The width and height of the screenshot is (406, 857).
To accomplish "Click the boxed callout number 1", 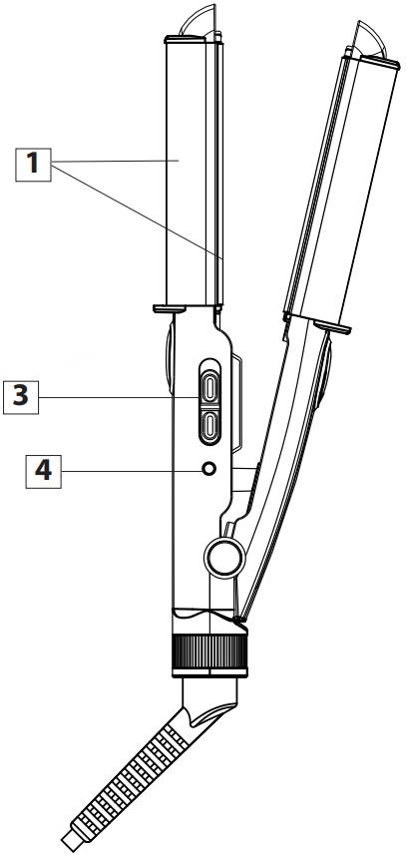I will [34, 163].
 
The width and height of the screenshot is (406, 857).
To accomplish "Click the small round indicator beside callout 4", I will [209, 469].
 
